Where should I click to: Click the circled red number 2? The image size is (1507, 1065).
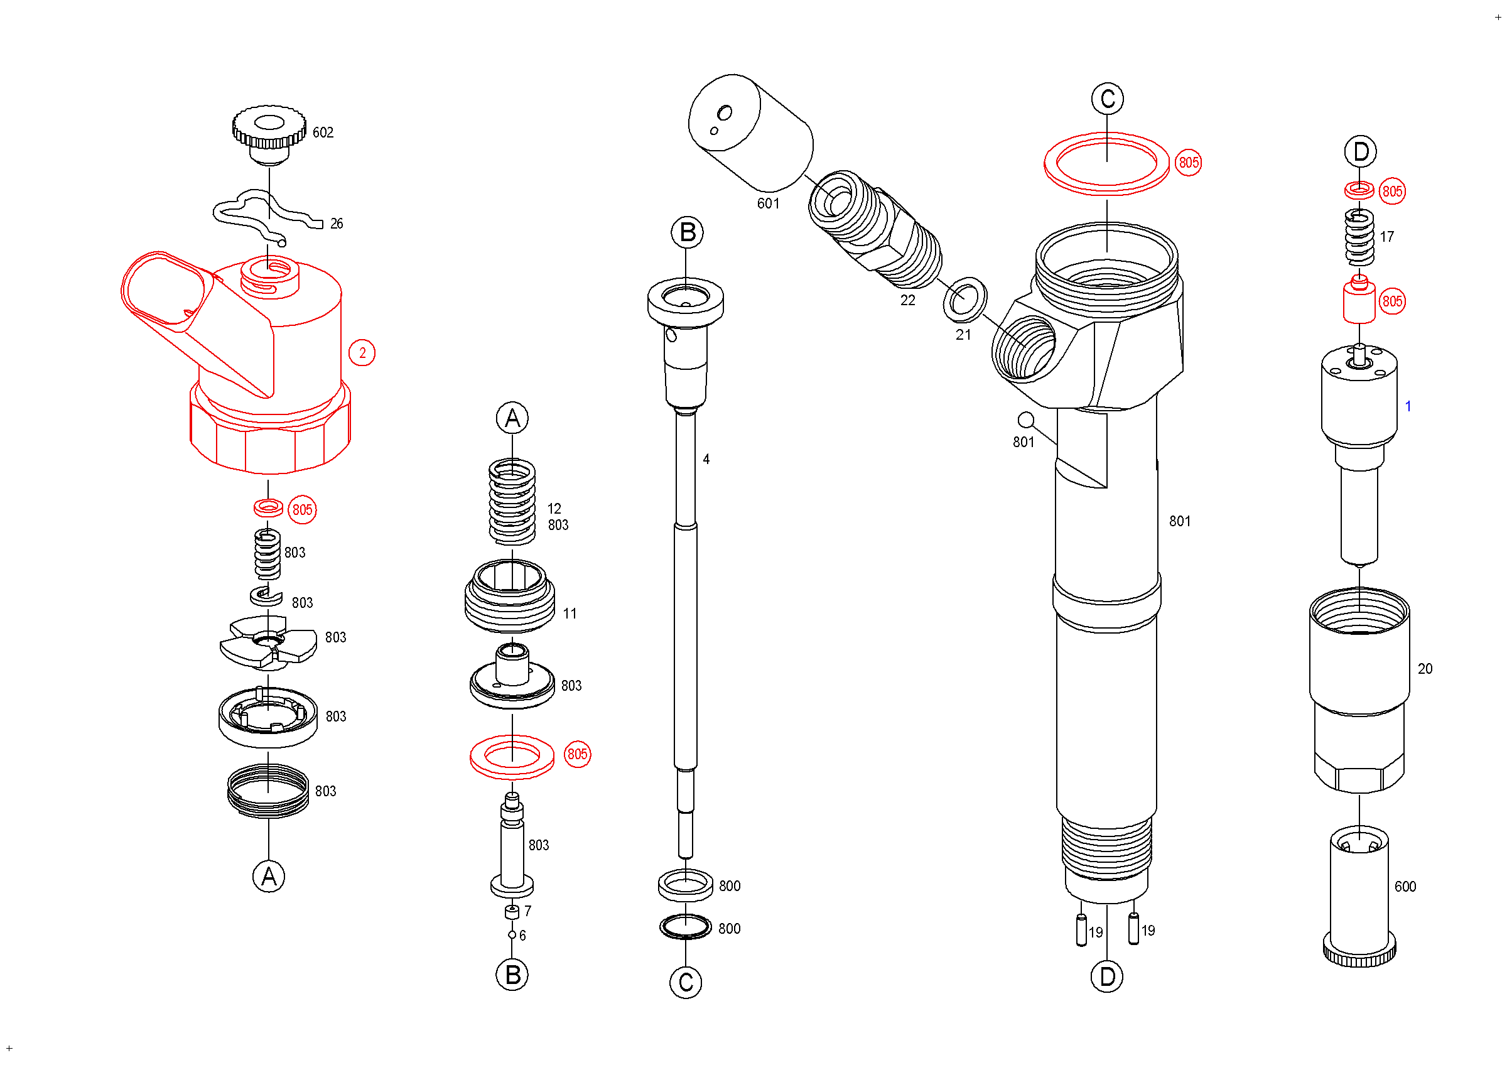click(362, 353)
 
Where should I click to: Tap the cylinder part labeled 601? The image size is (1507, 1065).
click(750, 133)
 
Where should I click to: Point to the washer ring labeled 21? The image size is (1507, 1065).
click(965, 300)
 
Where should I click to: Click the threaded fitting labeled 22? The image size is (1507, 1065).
click(874, 229)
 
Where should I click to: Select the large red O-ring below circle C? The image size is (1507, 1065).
click(1106, 163)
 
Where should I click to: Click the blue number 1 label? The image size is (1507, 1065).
click(1408, 406)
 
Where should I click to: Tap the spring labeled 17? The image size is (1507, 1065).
click(1359, 237)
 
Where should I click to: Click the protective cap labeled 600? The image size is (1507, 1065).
click(1359, 896)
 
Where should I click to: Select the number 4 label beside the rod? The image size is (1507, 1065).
click(706, 459)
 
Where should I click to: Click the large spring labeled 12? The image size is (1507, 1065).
click(512, 502)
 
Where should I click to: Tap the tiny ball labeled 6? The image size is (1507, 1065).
click(512, 935)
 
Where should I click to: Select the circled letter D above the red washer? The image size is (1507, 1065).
click(1361, 152)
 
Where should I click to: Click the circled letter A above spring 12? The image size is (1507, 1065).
click(512, 418)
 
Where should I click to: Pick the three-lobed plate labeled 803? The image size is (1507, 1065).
click(269, 642)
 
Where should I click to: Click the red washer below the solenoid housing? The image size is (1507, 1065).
click(269, 507)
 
